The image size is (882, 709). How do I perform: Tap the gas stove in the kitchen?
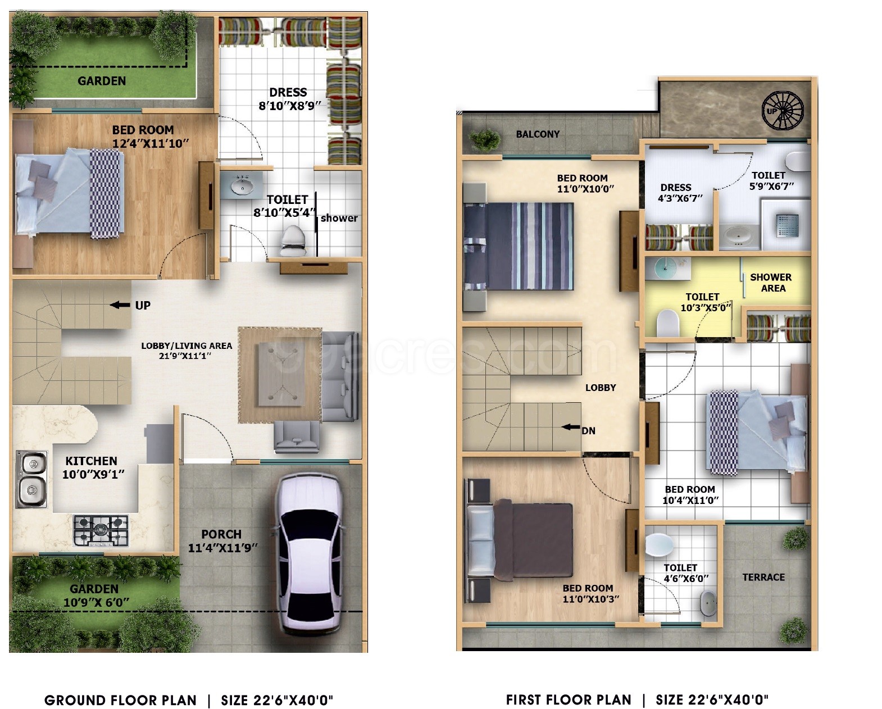101,530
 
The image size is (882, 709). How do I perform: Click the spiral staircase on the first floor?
783,111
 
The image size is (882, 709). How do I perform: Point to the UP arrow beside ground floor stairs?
120,305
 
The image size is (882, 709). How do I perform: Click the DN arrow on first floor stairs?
571,427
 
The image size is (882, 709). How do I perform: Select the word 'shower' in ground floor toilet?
339,218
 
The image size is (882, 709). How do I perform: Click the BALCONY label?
538,134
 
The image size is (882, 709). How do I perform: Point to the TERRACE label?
763,577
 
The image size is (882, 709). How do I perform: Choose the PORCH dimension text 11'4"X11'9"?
222,548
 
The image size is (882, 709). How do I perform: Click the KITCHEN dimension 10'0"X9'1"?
93,475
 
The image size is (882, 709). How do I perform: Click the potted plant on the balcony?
485,139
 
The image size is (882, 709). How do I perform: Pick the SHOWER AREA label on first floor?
771,283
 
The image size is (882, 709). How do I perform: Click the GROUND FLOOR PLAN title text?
120,701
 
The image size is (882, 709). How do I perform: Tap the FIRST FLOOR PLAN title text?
569,699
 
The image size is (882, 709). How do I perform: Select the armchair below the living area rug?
296,437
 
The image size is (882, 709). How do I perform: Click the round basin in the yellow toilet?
666,269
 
